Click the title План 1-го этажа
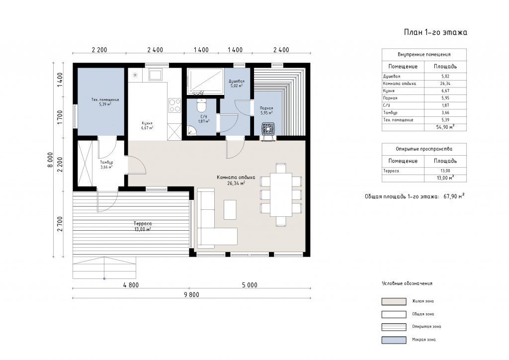click(x=435, y=32)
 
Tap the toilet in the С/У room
click(x=202, y=105)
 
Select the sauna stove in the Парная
click(x=268, y=129)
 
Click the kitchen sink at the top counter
click(x=156, y=75)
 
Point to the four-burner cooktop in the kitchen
click(x=174, y=105)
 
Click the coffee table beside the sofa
click(x=230, y=210)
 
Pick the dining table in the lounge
click(x=281, y=195)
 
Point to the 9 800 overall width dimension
click(x=191, y=295)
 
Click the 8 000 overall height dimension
click(x=50, y=160)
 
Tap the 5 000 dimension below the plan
click(x=250, y=285)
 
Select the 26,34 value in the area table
click(x=445, y=84)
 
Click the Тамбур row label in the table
click(x=390, y=113)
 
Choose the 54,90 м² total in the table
click(x=445, y=127)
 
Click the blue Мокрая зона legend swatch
click(x=394, y=340)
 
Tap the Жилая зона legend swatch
click(x=394, y=301)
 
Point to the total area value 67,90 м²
click(x=454, y=196)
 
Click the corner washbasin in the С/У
click(x=191, y=131)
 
